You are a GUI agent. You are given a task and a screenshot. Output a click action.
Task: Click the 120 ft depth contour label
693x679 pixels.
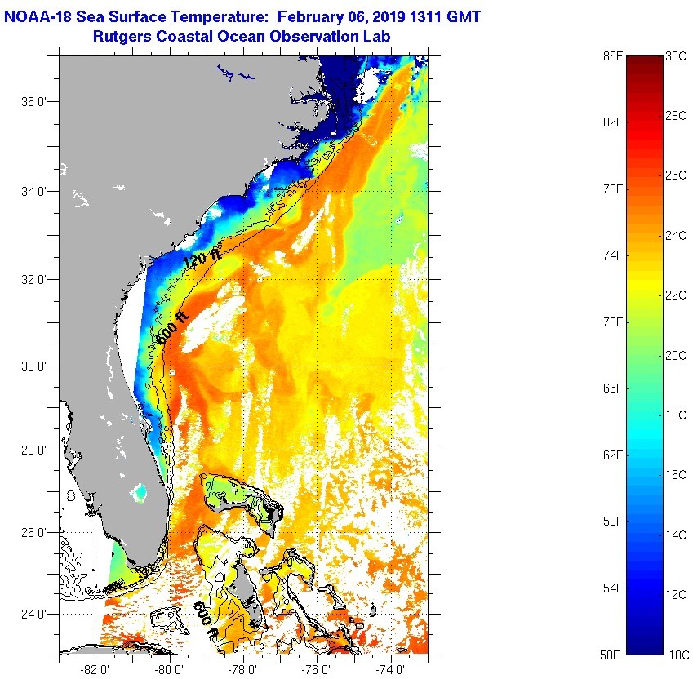click(202, 259)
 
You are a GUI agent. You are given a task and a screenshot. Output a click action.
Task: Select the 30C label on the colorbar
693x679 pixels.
click(676, 56)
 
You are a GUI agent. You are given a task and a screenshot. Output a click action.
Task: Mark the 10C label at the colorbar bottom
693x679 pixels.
click(676, 655)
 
